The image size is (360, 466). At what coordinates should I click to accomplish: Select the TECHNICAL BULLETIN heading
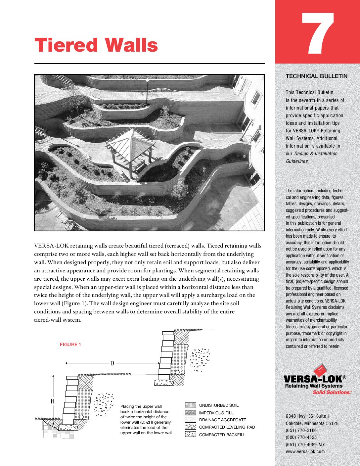316,76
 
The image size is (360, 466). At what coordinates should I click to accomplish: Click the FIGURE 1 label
70,345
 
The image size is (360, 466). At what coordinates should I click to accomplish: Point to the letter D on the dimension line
112,363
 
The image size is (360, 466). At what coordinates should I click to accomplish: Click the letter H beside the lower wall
52,401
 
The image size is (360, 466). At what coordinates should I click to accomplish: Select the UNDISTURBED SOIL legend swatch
191,405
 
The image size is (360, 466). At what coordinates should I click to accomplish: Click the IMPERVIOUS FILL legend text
216,413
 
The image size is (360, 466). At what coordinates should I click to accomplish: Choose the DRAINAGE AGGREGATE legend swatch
191,420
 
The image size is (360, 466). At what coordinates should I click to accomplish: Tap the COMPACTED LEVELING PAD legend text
227,427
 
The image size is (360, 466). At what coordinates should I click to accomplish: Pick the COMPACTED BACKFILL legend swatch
191,434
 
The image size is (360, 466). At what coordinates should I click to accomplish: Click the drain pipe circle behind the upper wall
177,372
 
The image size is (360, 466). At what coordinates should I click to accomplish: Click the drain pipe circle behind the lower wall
81,417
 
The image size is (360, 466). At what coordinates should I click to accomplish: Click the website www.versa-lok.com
305,451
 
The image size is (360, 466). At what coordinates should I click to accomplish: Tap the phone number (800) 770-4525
301,437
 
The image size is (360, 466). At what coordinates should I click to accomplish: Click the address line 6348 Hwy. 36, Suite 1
308,416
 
